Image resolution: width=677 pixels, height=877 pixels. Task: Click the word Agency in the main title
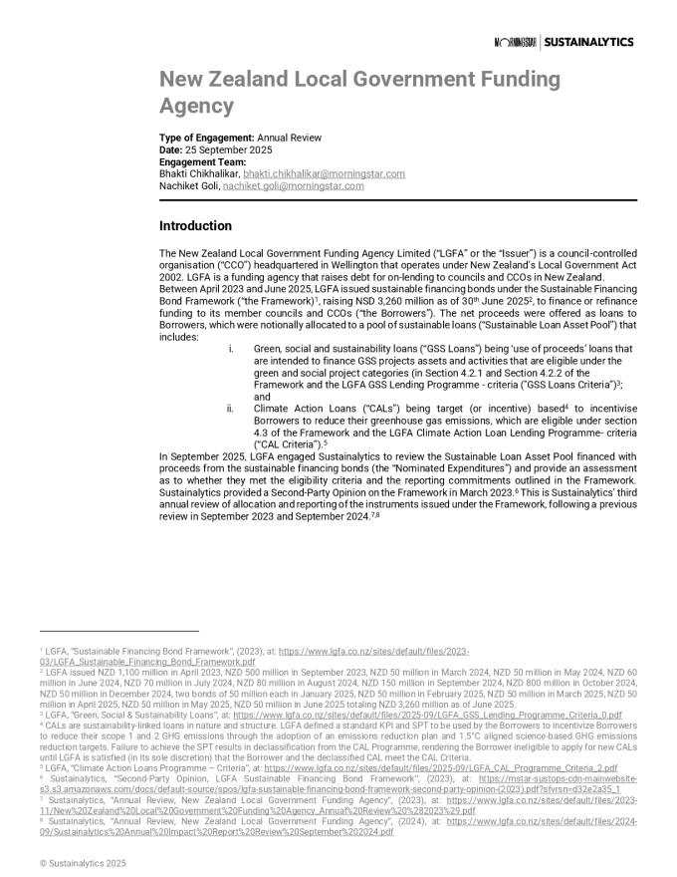click(196, 106)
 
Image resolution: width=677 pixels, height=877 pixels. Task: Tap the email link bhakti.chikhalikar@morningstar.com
click(310, 173)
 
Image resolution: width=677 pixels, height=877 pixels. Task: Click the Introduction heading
click(195, 226)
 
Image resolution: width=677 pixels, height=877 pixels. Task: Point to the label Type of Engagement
click(206, 138)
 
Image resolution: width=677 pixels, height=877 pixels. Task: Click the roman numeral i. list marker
click(231, 349)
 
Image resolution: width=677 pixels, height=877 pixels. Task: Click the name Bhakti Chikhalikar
click(192, 173)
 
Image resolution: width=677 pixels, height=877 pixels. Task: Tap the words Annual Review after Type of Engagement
click(290, 138)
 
